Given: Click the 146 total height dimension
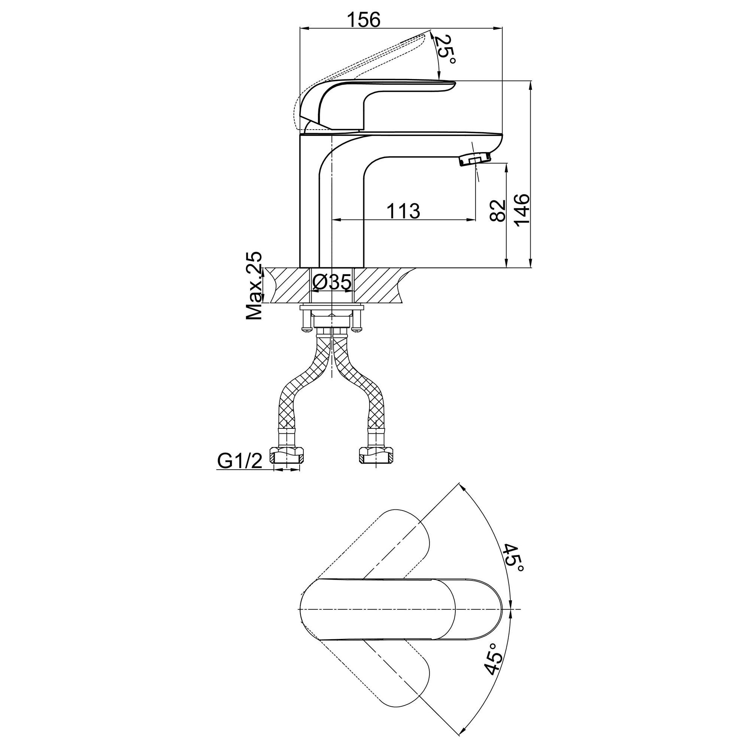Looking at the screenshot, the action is coord(522,210).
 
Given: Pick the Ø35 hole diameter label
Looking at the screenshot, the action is coord(332,282).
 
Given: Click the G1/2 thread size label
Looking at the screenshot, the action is coord(240,461).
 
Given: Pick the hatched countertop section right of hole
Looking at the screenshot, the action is coord(382,285).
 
